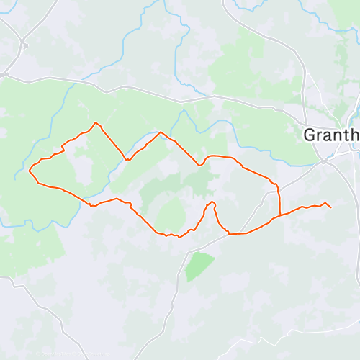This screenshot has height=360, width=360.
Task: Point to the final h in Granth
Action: click(x=354, y=135)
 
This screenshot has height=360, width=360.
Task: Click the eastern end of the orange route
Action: click(x=330, y=208)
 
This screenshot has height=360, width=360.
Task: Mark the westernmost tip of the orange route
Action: click(x=29, y=171)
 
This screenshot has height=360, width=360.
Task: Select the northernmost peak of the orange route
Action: click(x=96, y=123)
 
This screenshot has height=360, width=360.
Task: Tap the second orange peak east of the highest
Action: click(x=160, y=132)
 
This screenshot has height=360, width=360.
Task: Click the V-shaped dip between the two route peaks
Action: click(x=127, y=160)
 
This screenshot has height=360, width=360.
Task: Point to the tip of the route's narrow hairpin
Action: click(x=212, y=203)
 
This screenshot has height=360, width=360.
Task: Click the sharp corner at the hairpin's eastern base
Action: click(x=229, y=233)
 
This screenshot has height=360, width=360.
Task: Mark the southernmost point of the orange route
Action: click(x=178, y=236)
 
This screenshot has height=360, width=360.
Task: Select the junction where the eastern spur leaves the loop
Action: click(x=279, y=215)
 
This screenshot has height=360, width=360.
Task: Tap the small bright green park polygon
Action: click(x=199, y=266)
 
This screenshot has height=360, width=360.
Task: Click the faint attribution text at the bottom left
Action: click(x=68, y=354)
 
